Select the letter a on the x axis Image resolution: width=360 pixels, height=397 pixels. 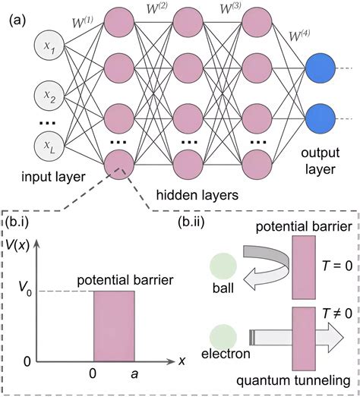(x=134, y=374)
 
